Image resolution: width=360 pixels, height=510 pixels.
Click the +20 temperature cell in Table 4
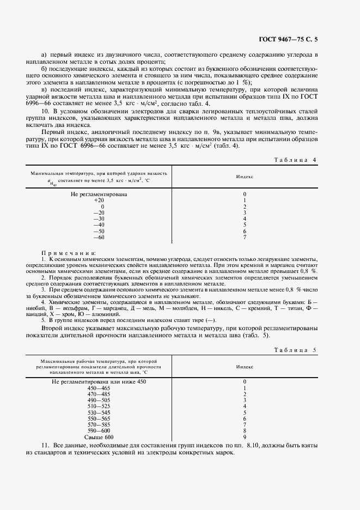tap(99, 201)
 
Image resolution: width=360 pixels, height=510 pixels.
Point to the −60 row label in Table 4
tap(99, 237)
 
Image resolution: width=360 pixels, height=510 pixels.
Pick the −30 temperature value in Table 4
tap(99, 218)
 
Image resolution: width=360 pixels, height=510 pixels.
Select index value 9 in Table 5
tap(245, 438)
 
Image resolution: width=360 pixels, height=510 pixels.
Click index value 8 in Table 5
tap(245, 431)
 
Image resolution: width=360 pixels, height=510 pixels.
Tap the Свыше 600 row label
tap(99, 438)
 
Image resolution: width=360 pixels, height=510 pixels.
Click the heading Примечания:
tap(69, 253)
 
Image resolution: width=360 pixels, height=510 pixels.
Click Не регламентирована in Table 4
tap(99, 194)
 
